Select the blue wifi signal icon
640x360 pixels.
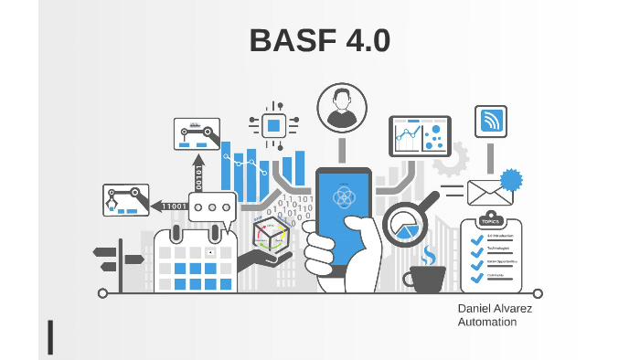tap(490, 122)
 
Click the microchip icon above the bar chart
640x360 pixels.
tap(272, 125)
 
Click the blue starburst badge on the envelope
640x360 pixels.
tap(510, 179)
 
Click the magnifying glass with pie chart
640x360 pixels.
tap(405, 223)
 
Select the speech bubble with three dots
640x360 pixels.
tap(212, 207)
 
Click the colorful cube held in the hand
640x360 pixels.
tap(272, 236)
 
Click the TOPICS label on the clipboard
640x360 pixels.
tap(491, 222)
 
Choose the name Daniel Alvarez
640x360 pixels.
tap(495, 309)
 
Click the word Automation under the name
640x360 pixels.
tap(487, 323)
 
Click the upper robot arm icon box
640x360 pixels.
tap(197, 134)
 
